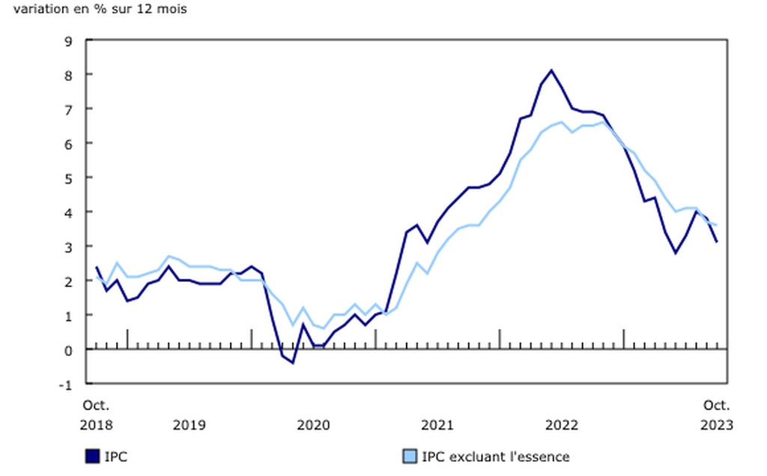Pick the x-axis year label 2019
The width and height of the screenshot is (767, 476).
coord(189,425)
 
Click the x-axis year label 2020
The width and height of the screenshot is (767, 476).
coord(313,425)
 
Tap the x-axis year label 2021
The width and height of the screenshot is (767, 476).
coord(437,425)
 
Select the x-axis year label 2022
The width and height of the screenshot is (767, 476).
coord(562,425)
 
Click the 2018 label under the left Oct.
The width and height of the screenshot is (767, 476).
coord(97,425)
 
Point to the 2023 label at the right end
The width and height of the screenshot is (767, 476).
coord(717,425)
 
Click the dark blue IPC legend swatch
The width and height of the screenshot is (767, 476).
coord(94,457)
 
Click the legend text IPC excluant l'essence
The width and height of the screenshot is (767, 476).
coord(496,457)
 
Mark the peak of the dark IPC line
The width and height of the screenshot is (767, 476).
coord(551,70)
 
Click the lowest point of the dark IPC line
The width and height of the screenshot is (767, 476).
coord(293,363)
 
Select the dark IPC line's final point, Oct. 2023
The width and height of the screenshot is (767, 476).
coord(717,242)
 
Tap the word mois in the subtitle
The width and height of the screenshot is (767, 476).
coord(173,10)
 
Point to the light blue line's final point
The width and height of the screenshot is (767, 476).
coord(717,225)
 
